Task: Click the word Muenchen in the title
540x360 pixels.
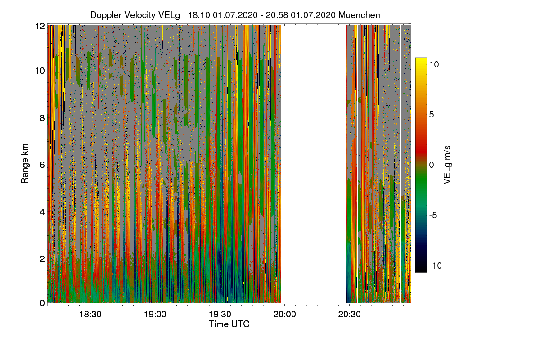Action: tap(359, 15)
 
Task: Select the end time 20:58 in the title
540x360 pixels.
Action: tap(277, 15)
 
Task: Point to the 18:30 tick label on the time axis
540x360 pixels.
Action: tap(90, 315)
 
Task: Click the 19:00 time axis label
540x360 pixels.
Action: tap(155, 315)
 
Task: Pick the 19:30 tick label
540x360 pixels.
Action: tap(220, 315)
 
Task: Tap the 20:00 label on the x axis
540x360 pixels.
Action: tap(284, 315)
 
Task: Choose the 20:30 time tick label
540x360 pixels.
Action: tap(349, 315)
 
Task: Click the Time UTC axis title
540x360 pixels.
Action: tap(229, 324)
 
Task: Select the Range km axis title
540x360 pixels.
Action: tap(25, 163)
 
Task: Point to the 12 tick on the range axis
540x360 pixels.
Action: tap(40, 26)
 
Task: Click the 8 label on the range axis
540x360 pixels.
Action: tap(42, 118)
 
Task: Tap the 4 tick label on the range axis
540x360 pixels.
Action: tap(42, 212)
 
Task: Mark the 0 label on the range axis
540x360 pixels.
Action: tap(42, 303)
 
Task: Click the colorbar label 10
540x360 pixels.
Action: tap(434, 65)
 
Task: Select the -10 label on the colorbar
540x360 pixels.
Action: tap(436, 265)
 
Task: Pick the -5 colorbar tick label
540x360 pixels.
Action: tap(433, 215)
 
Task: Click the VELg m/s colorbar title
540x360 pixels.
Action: tap(447, 165)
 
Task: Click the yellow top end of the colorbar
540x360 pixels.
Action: tap(421, 59)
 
